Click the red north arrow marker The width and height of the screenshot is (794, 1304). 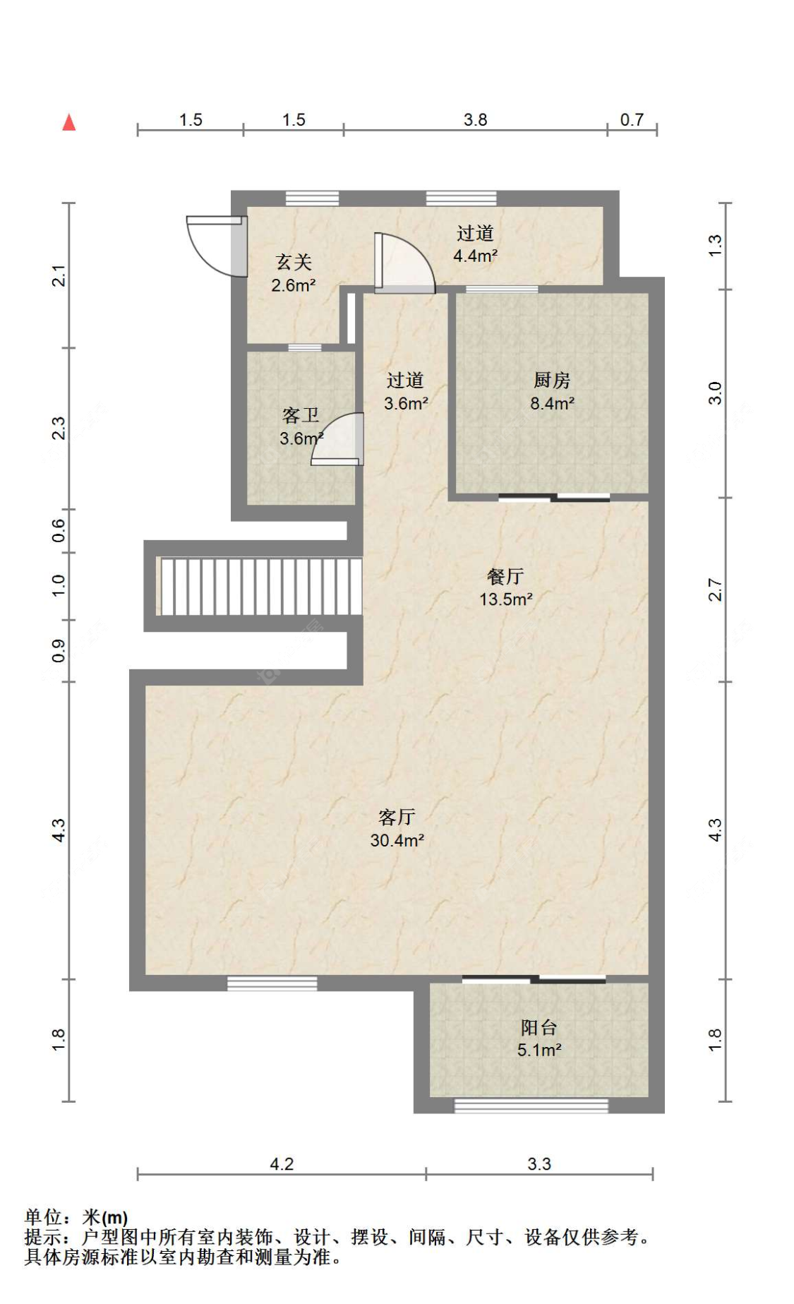68,122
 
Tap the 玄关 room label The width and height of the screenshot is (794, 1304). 294,273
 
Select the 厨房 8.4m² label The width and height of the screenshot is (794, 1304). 552,392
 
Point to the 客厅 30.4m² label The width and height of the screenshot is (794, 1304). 397,828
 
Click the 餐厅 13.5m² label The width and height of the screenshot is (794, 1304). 506,587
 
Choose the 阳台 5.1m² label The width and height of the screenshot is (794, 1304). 539,1039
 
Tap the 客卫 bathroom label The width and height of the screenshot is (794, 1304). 301,426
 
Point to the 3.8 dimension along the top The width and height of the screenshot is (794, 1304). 475,119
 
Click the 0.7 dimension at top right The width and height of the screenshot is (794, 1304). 632,119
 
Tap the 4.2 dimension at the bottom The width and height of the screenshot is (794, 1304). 282,1164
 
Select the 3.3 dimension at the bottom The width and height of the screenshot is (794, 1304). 539,1164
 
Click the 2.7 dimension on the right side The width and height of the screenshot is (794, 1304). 715,590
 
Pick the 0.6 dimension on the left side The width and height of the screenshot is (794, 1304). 59,530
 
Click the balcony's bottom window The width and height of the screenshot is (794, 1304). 531,1106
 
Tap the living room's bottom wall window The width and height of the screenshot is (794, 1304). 272,983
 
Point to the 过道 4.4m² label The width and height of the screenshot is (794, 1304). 475,244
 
